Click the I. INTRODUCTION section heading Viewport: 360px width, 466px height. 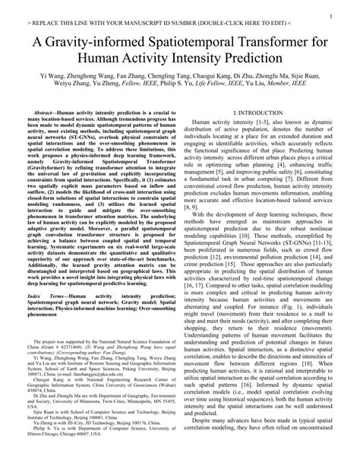[x=261, y=113]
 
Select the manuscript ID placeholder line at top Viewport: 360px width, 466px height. [x=157, y=24]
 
